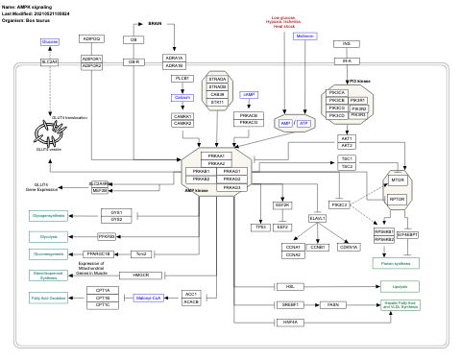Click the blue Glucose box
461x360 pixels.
[x=50, y=42]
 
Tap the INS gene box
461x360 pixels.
[x=346, y=43]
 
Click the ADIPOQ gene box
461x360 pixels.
[x=92, y=39]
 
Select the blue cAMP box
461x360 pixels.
[x=222, y=96]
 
